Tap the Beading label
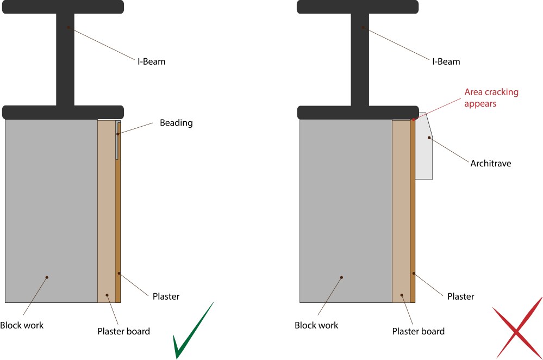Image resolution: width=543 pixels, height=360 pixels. pyautogui.click(x=176, y=123)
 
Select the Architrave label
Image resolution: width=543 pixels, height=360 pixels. pyautogui.click(x=491, y=163)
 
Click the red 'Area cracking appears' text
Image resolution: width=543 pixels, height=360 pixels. pyautogui.click(x=491, y=97)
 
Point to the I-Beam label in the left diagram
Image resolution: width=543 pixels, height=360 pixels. pyautogui.click(x=151, y=61)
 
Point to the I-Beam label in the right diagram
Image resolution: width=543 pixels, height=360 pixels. pyautogui.click(x=446, y=61)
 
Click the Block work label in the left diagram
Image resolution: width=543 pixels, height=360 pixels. pyautogui.click(x=22, y=325)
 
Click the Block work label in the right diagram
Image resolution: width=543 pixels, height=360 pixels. pyautogui.click(x=316, y=325)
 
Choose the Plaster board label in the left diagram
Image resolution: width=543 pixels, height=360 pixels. pyautogui.click(x=123, y=331)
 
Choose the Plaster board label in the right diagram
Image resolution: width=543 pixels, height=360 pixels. pyautogui.click(x=418, y=331)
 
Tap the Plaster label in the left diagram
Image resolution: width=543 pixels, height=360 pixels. pyautogui.click(x=166, y=296)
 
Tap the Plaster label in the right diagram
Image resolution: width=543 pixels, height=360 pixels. pyautogui.click(x=460, y=296)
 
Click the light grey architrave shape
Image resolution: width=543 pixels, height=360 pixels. pyautogui.click(x=423, y=152)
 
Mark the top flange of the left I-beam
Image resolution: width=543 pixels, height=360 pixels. pyautogui.click(x=63, y=7)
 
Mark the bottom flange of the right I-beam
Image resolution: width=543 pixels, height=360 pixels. pyautogui.click(x=358, y=113)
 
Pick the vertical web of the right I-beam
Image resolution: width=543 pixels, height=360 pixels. pyautogui.click(x=360, y=60)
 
